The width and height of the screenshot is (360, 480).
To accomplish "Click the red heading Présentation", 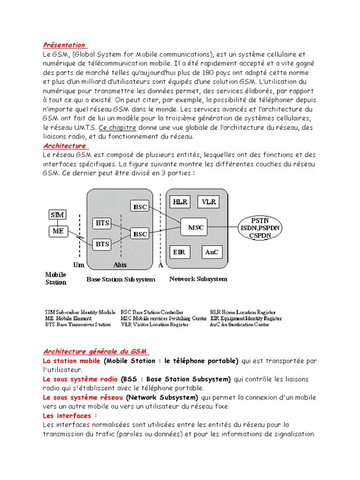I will (x=64, y=45).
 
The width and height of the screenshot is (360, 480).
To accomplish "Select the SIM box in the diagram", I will (x=58, y=215).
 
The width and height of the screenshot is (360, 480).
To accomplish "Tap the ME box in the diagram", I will (x=58, y=231).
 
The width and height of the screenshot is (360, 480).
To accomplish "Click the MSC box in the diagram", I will (x=195, y=227).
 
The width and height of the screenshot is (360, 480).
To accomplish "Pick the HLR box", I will (x=180, y=202).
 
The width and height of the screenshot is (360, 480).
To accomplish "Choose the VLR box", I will (x=208, y=202).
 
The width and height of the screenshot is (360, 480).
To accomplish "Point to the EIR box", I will (x=179, y=252).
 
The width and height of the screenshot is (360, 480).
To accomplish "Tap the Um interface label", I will (x=78, y=265).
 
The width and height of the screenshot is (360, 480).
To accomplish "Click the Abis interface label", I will (x=120, y=265).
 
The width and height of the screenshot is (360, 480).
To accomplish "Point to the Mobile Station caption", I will (x=56, y=278).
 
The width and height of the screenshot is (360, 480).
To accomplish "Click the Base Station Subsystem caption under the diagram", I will (x=120, y=279).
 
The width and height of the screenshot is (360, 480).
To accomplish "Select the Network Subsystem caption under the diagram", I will (x=198, y=279).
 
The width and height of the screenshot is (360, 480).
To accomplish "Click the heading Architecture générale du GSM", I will (x=95, y=352).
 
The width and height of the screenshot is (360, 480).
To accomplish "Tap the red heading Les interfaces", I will (x=70, y=416).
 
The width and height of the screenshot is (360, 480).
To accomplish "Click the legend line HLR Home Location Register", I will (x=243, y=312).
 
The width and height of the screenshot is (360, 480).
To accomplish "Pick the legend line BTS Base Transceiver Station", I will (x=78, y=324).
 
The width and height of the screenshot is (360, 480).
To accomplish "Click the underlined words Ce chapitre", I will (x=118, y=127).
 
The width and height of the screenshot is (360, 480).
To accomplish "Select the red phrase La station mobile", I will (x=72, y=361).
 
